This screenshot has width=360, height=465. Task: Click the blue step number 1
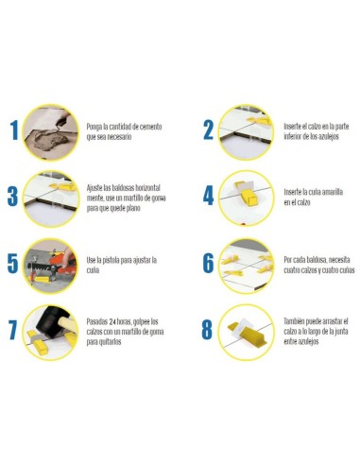[x=12, y=131]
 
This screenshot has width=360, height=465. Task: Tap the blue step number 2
[x=209, y=130]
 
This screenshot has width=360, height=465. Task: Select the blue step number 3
[x=12, y=197]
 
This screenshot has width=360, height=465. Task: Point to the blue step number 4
[x=209, y=197]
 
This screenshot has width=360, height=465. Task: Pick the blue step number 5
[x=12, y=263]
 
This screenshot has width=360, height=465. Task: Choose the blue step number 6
[x=209, y=263]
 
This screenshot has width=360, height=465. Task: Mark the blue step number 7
[x=12, y=330]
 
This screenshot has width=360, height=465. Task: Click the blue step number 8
[x=209, y=330]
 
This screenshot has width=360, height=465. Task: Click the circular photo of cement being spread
[x=50, y=131]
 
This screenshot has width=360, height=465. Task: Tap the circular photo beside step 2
[x=247, y=130]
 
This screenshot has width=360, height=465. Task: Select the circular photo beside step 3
[x=50, y=198]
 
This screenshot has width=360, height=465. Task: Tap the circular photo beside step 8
[x=247, y=330]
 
